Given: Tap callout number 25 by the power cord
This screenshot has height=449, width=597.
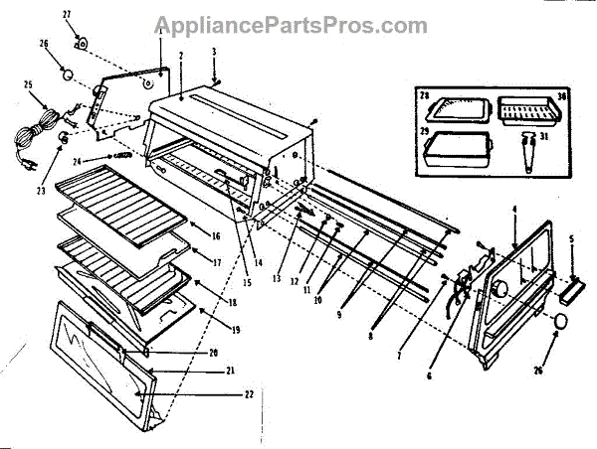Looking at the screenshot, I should click(29, 85).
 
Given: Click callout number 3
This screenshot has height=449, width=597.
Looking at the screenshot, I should click(214, 50).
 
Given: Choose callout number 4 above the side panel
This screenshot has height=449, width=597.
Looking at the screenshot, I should click(514, 209).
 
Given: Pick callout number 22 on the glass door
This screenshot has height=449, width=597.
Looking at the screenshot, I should click(249, 394).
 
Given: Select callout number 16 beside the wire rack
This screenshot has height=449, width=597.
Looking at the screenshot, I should click(214, 235).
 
